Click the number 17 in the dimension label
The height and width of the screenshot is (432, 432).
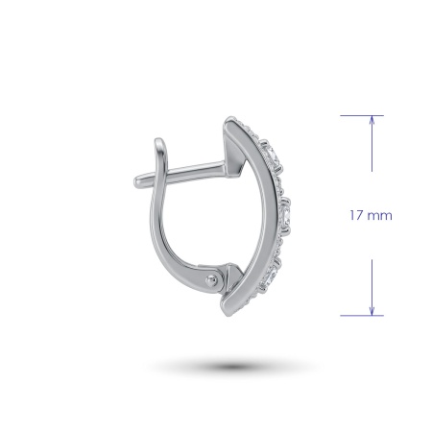tap(356, 215)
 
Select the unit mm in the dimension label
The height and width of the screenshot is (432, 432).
tap(379, 216)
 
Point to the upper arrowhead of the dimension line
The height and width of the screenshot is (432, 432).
tap(372, 119)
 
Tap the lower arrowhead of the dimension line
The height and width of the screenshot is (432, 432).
tap(372, 311)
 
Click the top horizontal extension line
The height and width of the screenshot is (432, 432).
tap(362, 115)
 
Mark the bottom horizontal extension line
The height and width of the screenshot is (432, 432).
tap(362, 316)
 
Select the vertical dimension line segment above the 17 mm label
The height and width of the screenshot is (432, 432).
tap(372, 144)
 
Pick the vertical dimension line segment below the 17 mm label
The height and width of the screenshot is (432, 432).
tap(372, 287)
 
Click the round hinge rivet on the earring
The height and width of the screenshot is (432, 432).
tap(211, 281)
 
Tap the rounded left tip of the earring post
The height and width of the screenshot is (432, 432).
tap(137, 181)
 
